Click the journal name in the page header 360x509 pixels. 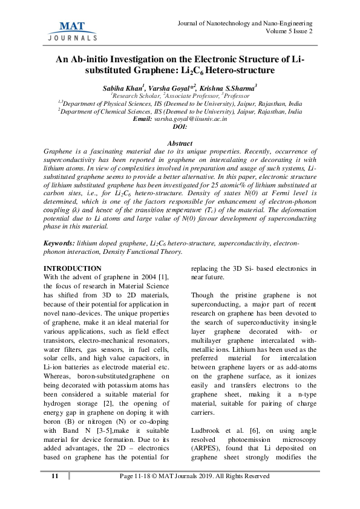click(x=244, y=22)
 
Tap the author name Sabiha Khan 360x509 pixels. click(x=121, y=87)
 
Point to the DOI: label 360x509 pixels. click(x=180, y=127)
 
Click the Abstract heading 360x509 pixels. click(x=180, y=142)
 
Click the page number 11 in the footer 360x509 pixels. click(x=55, y=493)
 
